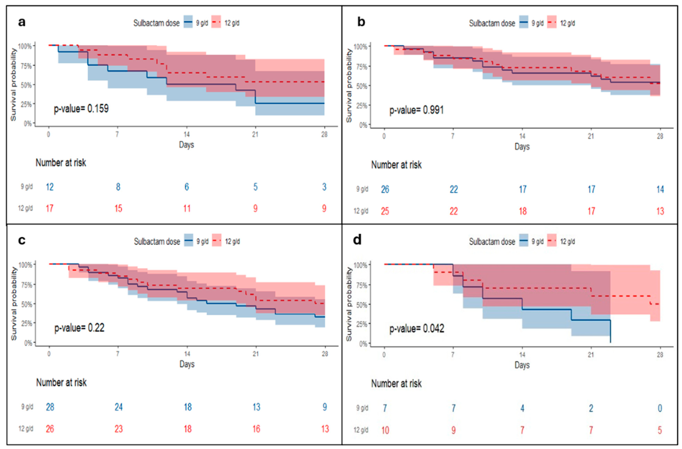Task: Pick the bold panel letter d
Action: coord(357,240)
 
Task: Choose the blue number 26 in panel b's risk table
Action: coord(385,189)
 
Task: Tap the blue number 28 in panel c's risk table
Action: coord(50,407)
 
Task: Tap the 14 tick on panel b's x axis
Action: coord(522,136)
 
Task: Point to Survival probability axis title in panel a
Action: coord(13,85)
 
